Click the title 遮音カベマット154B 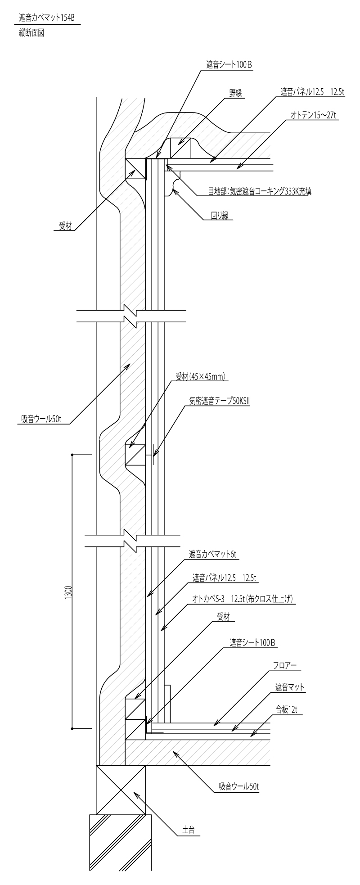click(47, 18)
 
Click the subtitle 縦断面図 click(31, 33)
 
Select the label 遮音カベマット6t click(212, 555)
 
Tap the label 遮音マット click(290, 687)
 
